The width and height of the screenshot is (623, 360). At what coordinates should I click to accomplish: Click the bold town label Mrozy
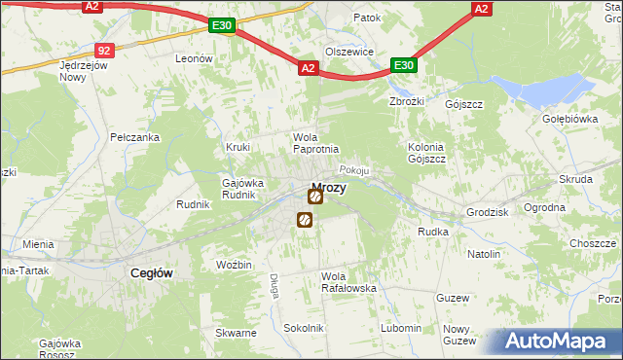point(328,188)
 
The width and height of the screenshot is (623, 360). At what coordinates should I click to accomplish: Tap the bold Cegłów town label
point(152,273)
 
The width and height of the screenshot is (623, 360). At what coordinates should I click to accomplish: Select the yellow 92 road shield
point(106,50)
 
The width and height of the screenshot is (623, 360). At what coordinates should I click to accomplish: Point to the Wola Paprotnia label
point(315,143)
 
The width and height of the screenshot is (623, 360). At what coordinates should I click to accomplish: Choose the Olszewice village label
point(349,52)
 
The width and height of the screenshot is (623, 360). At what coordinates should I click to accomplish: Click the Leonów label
point(194,59)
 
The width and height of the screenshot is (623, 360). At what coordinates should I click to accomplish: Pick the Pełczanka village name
point(134,138)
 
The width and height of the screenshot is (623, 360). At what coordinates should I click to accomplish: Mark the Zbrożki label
point(408,101)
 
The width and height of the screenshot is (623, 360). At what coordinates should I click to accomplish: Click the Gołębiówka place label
point(570,119)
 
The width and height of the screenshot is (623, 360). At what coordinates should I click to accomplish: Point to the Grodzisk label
point(489,210)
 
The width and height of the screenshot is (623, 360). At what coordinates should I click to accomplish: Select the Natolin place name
point(484,254)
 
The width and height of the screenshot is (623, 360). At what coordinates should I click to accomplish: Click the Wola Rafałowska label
point(348,282)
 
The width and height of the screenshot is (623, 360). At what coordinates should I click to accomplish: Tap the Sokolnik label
point(304,329)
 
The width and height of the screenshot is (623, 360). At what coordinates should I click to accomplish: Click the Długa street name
point(274,284)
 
